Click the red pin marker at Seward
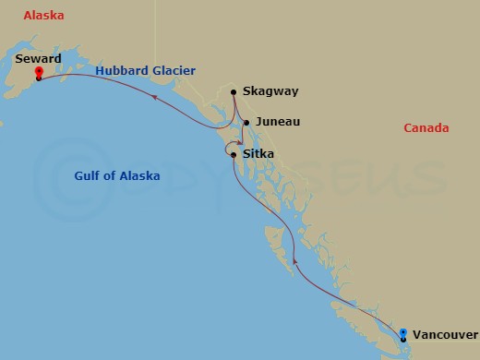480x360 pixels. [39, 72]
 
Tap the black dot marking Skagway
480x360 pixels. [234, 91]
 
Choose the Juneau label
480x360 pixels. [278, 122]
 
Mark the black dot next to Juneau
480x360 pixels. [246, 122]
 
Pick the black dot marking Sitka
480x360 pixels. [234, 154]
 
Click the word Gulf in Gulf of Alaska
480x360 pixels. [90, 175]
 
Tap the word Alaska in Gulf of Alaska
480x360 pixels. [139, 175]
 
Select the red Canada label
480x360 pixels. [426, 127]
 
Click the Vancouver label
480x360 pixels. [445, 334]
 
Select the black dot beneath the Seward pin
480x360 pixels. [39, 78]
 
